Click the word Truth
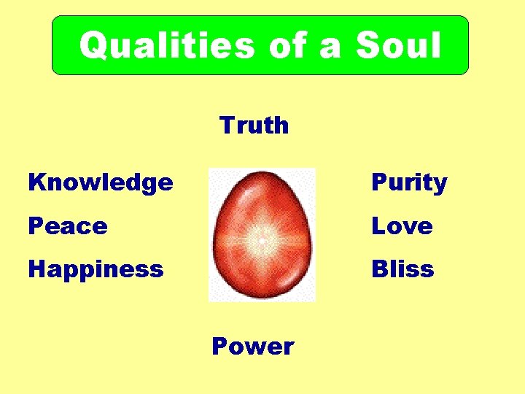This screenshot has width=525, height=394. click(254, 125)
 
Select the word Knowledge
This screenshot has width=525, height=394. click(101, 182)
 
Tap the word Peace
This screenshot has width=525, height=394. click(68, 226)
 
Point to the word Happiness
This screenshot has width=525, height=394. click(96, 270)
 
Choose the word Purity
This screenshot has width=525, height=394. click(409, 182)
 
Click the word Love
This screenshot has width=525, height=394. click(402, 226)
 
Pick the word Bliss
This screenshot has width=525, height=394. click(402, 269)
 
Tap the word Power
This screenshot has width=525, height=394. click(253, 346)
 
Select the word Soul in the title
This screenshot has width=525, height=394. click(398, 45)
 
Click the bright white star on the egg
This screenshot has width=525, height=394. click(260, 239)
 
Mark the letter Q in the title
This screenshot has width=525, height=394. click(93, 46)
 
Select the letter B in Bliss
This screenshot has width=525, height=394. click(379, 269)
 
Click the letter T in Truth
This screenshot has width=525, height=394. click(227, 125)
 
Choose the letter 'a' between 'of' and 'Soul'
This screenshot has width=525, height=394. click(331, 48)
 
